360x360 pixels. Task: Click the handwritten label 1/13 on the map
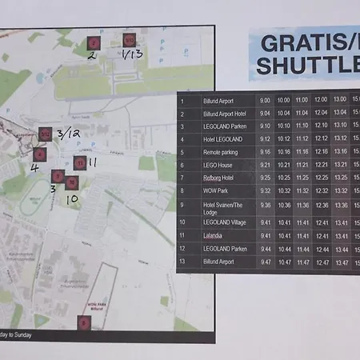pos(132,54)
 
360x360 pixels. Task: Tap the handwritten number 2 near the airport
pos(92,56)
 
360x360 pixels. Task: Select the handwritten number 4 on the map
pos(34,168)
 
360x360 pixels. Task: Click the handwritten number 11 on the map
pos(93,162)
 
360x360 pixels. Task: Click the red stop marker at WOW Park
pos(82,322)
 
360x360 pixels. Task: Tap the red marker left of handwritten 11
pos(79,162)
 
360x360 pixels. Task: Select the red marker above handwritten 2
pos(93,42)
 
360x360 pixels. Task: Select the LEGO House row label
pos(218,165)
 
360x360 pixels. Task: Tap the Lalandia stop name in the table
pos(213,236)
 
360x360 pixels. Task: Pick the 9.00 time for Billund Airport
pos(265,101)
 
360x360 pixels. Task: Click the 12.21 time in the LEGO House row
pos(321,165)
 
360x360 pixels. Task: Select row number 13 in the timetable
pos(182,262)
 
